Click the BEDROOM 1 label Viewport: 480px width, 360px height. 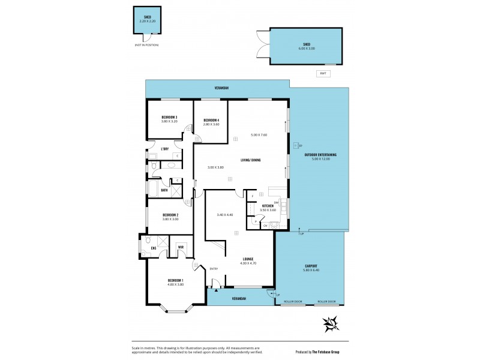(x=175, y=281)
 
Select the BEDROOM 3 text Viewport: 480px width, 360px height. (x=170, y=117)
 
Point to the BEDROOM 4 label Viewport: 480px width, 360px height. (x=211, y=120)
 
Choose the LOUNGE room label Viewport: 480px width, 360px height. (x=248, y=259)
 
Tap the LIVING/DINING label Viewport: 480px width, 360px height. (x=250, y=160)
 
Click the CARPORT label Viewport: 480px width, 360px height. (x=310, y=266)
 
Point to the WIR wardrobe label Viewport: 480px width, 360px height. (x=180, y=247)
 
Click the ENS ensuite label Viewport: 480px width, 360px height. (x=154, y=247)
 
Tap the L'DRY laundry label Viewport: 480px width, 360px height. (x=164, y=148)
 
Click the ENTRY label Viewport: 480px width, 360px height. (x=214, y=268)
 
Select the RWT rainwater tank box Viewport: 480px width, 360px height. (x=323, y=73)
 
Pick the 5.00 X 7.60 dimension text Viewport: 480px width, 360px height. (x=259, y=135)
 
